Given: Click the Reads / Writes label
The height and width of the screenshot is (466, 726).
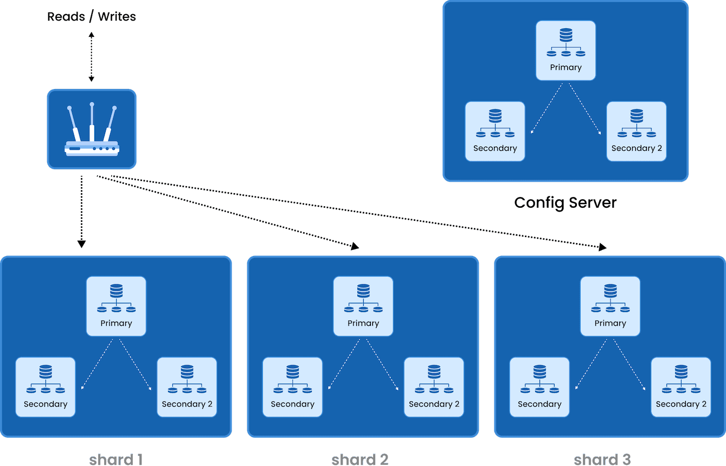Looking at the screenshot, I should click(x=91, y=17).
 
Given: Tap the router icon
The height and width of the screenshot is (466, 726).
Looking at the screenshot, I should click(x=92, y=129).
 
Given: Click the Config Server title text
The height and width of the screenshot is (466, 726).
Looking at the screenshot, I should click(x=565, y=203).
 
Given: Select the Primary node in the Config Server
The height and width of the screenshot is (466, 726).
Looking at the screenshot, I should click(x=566, y=50).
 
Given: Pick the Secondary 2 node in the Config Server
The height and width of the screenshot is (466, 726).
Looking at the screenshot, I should click(x=636, y=131).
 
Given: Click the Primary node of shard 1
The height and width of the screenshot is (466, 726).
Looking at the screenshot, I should click(x=116, y=306).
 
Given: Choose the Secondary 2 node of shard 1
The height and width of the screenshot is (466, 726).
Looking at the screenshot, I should click(x=187, y=387).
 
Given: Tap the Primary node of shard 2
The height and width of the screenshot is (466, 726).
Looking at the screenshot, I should click(x=363, y=306).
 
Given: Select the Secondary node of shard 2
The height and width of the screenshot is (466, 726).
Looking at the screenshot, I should click(x=292, y=387).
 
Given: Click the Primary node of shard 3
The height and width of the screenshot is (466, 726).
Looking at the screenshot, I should click(x=610, y=306).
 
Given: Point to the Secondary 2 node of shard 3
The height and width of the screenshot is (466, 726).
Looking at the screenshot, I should click(x=680, y=387).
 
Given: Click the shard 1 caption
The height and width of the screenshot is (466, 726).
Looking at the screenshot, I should click(x=115, y=459).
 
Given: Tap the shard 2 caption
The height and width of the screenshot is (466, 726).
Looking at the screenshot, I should click(x=360, y=459).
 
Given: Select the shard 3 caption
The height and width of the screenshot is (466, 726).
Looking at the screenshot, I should click(x=602, y=459).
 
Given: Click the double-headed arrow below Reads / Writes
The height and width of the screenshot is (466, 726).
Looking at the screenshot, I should click(x=91, y=56).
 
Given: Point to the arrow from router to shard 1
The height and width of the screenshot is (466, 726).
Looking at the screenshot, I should click(x=81, y=212).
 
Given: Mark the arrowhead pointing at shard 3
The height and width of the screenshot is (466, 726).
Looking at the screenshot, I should click(x=602, y=247).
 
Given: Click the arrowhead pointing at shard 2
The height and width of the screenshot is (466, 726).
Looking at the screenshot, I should click(x=355, y=246).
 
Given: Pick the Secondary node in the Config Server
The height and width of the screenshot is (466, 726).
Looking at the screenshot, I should click(x=494, y=131).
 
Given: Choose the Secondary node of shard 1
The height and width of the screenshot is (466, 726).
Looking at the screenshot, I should click(x=45, y=387).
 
